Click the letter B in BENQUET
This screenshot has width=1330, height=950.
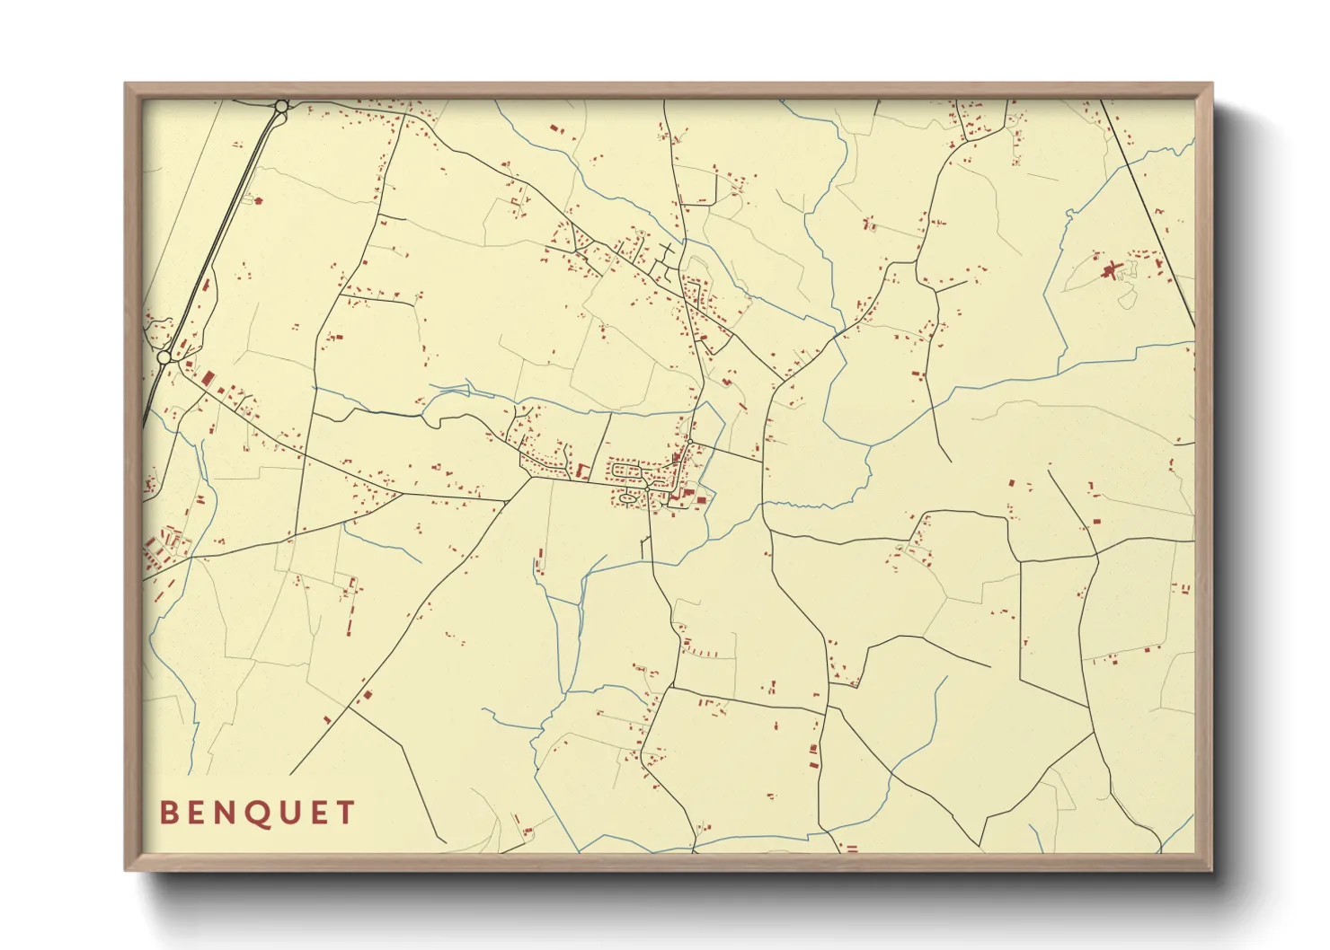click(168, 813)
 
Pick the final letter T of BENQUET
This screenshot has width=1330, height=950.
click(345, 813)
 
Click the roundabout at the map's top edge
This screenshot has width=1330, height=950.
click(281, 106)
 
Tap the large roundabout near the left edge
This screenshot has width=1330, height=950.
click(164, 357)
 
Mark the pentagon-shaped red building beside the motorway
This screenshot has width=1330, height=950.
click(259, 200)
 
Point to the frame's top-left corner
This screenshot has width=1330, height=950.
click(126, 84)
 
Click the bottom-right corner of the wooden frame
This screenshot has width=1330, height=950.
click(1212, 869)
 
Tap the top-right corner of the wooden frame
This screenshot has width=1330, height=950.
click(1212, 84)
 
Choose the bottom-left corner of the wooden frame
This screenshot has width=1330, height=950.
click(126, 869)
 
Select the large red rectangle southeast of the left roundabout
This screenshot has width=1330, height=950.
click(208, 378)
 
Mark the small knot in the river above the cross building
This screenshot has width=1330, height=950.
click(1069, 214)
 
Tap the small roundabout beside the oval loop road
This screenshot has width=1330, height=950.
click(646, 488)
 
